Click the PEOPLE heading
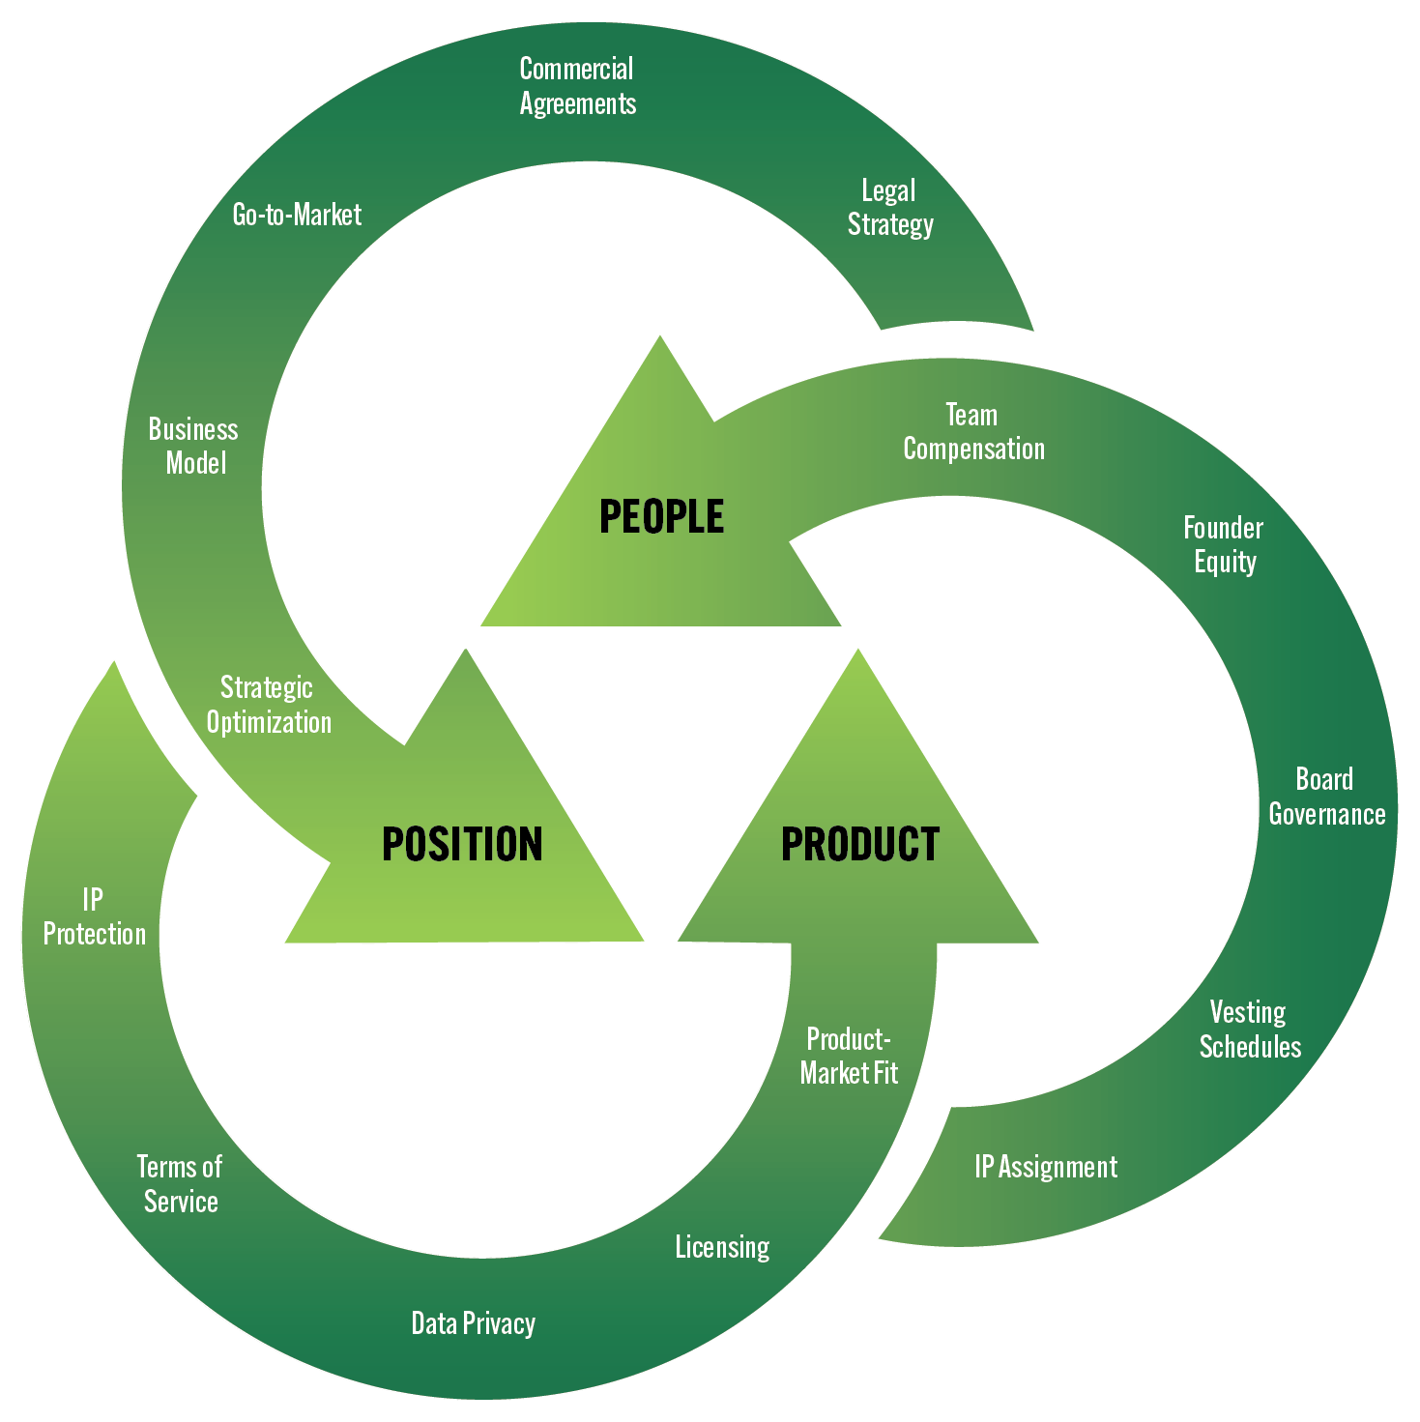pyautogui.click(x=661, y=516)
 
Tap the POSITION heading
pyautogui.click(x=462, y=844)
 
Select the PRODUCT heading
pyautogui.click(x=859, y=844)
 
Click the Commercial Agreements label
pyautogui.click(x=577, y=86)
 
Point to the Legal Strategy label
pyautogui.click(x=889, y=207)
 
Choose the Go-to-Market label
pyautogui.click(x=297, y=214)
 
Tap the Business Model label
pyautogui.click(x=194, y=446)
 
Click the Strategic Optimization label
pyautogui.click(x=268, y=705)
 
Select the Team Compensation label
pyautogui.click(x=973, y=432)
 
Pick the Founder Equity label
pyautogui.click(x=1224, y=544)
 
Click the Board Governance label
pyautogui.click(x=1326, y=797)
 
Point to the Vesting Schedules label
pyautogui.click(x=1250, y=1030)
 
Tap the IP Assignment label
pyautogui.click(x=1046, y=1167)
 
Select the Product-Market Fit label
pyautogui.click(x=849, y=1056)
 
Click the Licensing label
pyautogui.click(x=722, y=1247)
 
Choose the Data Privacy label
pyautogui.click(x=473, y=1323)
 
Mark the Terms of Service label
pyautogui.click(x=180, y=1184)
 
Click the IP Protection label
pyautogui.click(x=95, y=916)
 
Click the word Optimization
pyautogui.click(x=269, y=722)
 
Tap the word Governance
pyautogui.click(x=1327, y=814)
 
